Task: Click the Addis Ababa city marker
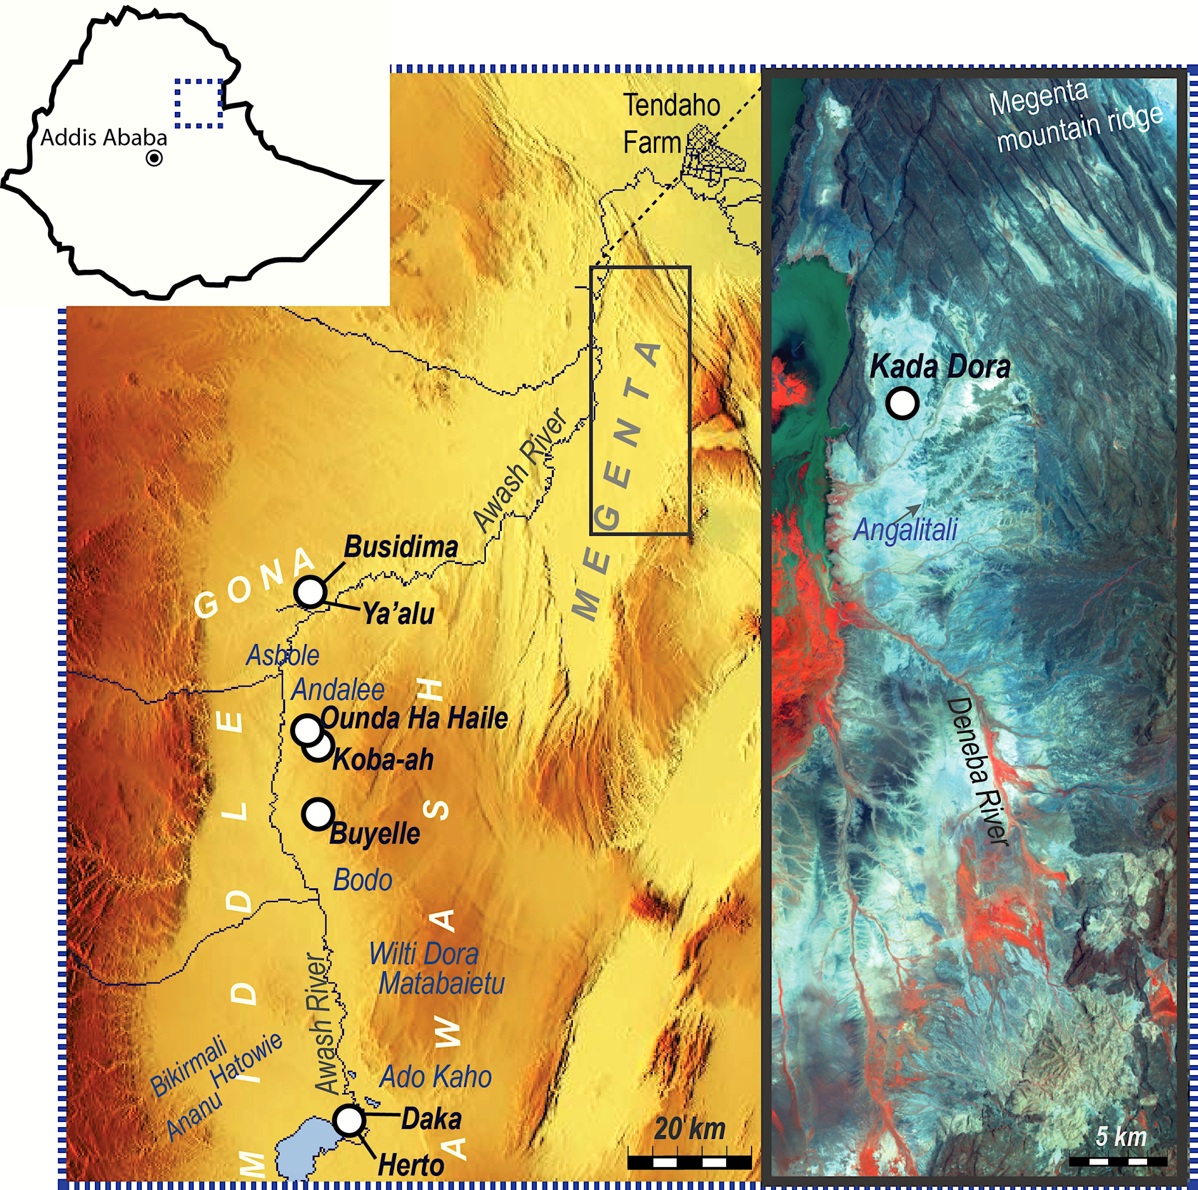(154, 159)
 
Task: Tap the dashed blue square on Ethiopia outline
(198, 104)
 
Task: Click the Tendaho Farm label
(671, 124)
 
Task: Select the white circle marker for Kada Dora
(902, 403)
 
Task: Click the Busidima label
(401, 547)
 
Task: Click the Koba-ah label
(382, 760)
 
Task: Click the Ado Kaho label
(435, 1077)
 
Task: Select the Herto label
(410, 1165)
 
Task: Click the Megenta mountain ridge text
(1076, 118)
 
